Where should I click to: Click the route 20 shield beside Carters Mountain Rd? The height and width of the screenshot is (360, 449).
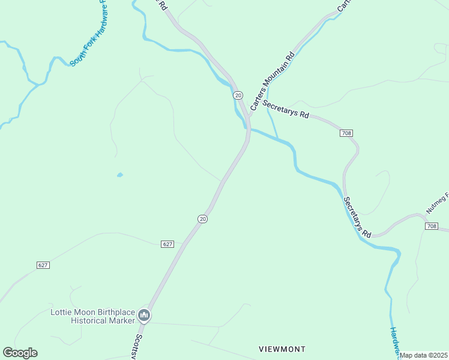(238, 95)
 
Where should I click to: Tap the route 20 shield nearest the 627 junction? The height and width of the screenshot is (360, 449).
(202, 219)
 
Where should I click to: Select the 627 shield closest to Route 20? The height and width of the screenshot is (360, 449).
(167, 244)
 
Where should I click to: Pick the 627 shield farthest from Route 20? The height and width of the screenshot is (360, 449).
(42, 265)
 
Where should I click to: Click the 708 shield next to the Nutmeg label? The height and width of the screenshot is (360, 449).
(431, 226)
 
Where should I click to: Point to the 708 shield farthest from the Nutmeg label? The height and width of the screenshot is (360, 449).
(346, 133)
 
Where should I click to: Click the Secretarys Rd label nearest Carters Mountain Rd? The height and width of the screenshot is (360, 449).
(285, 108)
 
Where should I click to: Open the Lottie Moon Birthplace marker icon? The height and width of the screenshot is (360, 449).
(143, 315)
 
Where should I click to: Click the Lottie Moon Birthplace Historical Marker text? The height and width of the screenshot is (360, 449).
(93, 316)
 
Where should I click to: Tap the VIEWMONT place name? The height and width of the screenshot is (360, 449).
(282, 349)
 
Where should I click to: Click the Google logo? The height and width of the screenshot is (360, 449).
(20, 353)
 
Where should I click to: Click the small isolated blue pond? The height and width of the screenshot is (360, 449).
(120, 175)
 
